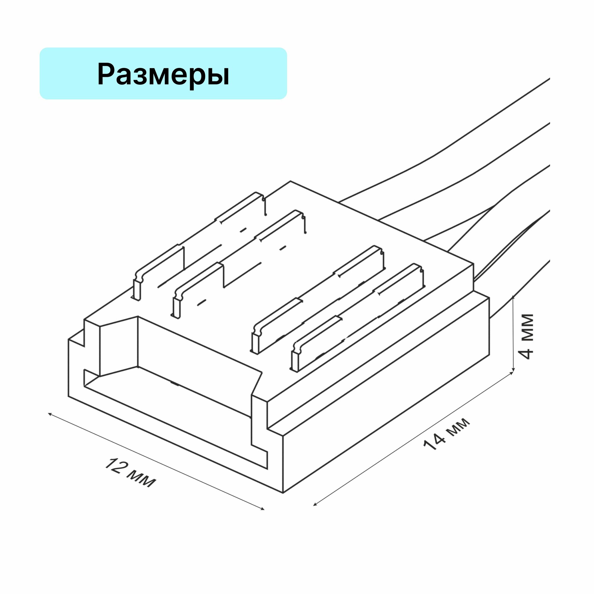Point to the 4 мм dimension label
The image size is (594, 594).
527,337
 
